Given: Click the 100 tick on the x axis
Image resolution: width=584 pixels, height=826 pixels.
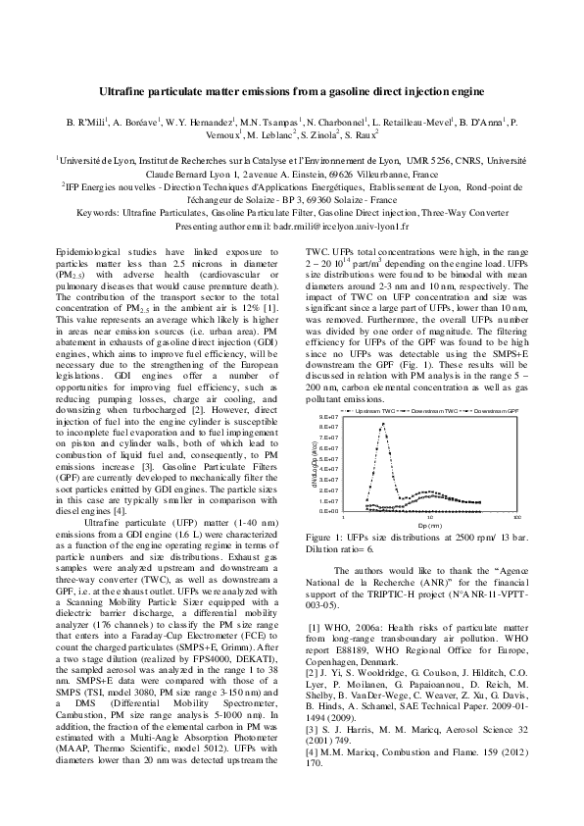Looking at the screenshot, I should pos(516,518).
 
